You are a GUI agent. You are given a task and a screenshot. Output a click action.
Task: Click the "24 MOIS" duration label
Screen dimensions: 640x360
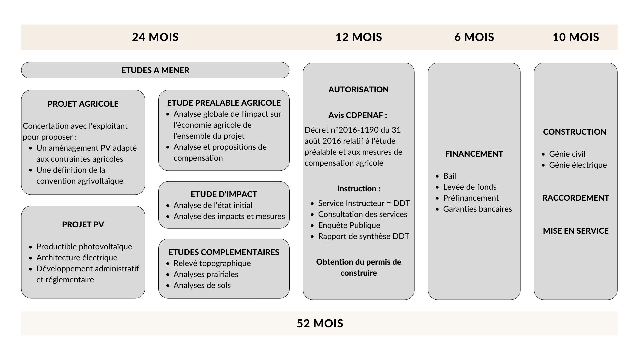(x=155, y=37)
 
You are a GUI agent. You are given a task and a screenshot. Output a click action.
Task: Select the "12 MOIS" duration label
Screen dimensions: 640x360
(x=359, y=37)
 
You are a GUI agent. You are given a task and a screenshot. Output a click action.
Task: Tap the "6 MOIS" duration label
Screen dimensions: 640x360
(x=474, y=37)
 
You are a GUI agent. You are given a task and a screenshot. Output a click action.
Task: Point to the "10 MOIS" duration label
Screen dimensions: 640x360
(x=576, y=37)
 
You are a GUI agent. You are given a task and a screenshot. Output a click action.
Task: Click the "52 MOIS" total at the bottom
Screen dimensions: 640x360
(x=320, y=323)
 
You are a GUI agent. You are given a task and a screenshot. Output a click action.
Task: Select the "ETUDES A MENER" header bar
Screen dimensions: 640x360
(x=155, y=70)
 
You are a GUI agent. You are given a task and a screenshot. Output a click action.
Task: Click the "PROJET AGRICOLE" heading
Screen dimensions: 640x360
(x=83, y=104)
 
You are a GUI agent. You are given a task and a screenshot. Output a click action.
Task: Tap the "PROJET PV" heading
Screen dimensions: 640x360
(x=83, y=224)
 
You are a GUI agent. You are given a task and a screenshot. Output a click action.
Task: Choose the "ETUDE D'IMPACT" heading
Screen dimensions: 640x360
(x=224, y=194)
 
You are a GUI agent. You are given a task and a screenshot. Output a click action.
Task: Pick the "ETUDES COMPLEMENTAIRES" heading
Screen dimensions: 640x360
(x=224, y=252)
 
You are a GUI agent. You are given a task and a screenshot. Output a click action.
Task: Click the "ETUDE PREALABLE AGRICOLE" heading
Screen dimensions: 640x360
(x=224, y=103)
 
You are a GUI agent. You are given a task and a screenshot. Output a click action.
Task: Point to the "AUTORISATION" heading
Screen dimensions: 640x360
(x=359, y=89)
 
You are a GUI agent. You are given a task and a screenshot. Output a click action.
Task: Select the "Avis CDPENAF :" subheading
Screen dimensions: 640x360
(x=358, y=115)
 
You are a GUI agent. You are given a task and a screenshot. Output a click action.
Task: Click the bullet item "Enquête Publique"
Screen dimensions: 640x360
(x=349, y=225)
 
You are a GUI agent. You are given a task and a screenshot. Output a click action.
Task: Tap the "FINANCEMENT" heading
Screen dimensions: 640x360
(x=474, y=154)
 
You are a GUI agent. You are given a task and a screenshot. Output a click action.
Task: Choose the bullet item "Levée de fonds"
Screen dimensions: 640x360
(x=470, y=187)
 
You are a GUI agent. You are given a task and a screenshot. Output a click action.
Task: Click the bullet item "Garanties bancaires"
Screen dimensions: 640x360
(x=477, y=209)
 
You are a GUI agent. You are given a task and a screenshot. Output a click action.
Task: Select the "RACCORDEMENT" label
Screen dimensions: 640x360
(x=576, y=198)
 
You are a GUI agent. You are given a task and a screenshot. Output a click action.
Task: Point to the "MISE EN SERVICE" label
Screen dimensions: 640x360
(x=576, y=231)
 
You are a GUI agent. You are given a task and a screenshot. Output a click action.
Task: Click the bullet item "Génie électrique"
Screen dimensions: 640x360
(x=578, y=165)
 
